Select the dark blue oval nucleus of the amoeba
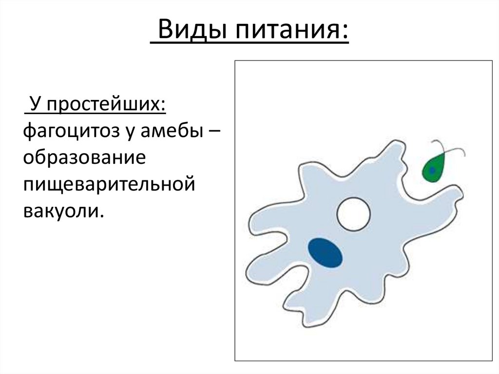(x=325, y=253)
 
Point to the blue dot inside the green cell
(x=432, y=170)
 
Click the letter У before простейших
(x=34, y=105)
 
